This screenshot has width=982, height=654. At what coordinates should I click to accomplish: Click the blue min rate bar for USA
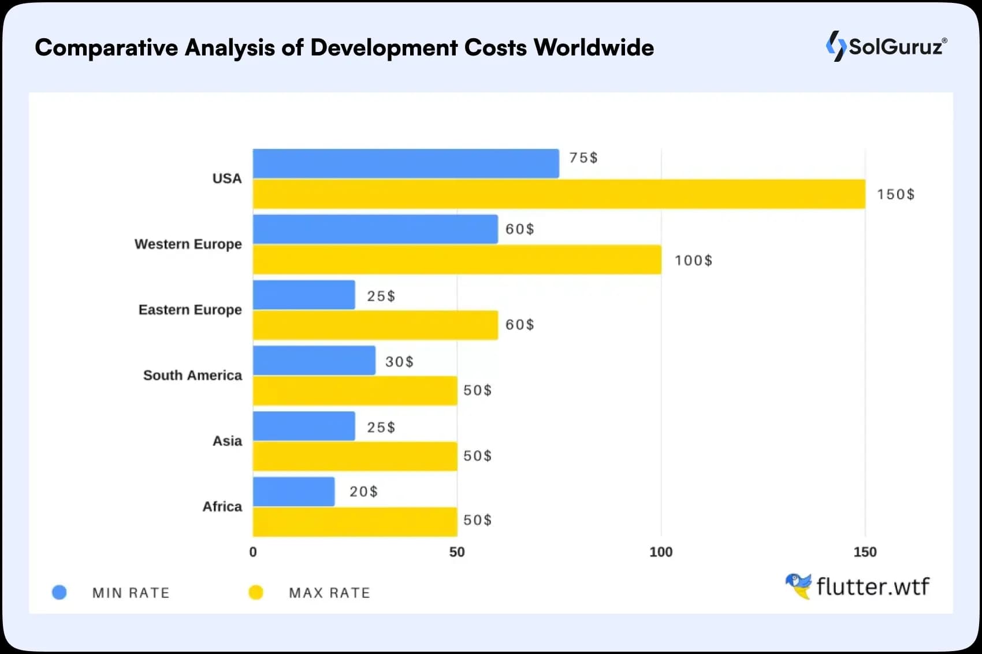click(406, 163)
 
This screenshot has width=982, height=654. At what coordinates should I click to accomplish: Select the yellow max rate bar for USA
click(559, 194)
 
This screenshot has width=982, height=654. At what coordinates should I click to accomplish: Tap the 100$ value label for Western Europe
click(693, 261)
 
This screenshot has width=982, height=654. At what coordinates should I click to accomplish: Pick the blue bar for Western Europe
click(375, 229)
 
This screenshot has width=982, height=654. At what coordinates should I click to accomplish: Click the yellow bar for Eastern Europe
click(375, 325)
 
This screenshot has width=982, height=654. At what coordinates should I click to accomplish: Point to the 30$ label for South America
click(399, 362)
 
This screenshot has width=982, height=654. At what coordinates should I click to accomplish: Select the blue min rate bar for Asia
click(304, 426)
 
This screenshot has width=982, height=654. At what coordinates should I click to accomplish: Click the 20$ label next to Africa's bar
click(363, 492)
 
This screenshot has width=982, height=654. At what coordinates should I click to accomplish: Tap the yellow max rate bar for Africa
click(355, 522)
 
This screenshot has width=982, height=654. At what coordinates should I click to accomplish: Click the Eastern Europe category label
click(190, 310)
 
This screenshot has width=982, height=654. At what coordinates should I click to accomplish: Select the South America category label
click(192, 376)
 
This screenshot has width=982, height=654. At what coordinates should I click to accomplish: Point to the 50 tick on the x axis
click(457, 552)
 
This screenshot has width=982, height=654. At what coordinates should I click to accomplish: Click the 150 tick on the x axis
click(865, 552)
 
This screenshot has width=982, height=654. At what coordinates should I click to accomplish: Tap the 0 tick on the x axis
click(253, 552)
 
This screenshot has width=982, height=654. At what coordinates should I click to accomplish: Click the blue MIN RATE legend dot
click(59, 592)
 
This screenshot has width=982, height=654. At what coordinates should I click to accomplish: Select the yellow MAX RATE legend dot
click(256, 592)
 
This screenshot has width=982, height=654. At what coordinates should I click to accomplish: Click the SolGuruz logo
click(886, 46)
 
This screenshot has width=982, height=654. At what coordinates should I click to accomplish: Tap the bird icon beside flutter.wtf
click(798, 585)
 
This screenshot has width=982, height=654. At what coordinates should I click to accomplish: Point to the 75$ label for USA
click(583, 158)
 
